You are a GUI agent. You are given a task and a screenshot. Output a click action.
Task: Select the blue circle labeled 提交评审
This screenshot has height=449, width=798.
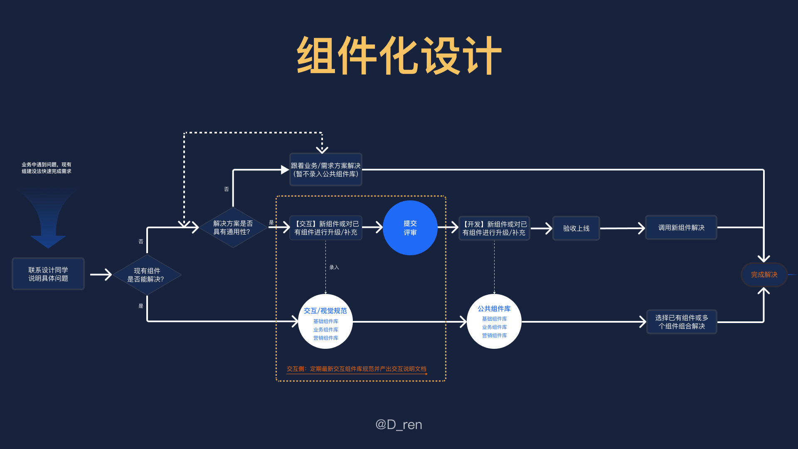[x=410, y=228]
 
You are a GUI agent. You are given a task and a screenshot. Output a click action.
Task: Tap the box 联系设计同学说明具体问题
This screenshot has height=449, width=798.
[x=48, y=274]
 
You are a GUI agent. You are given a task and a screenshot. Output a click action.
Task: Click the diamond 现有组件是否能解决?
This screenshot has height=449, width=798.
[x=147, y=275]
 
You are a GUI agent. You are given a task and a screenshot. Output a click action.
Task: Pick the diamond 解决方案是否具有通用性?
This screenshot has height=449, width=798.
[x=233, y=228]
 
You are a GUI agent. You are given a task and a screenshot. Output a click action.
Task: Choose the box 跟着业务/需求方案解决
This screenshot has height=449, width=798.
[x=325, y=170]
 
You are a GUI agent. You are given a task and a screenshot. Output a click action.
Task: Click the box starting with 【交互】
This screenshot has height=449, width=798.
[x=325, y=228]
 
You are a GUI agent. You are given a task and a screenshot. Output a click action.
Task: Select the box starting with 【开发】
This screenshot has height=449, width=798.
[x=494, y=228]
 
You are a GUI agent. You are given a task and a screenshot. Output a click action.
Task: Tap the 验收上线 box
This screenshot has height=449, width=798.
[x=576, y=228]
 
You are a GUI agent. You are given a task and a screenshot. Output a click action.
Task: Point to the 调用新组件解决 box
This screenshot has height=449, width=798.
[x=681, y=227]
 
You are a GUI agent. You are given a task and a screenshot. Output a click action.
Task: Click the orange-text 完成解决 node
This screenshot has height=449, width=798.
[x=764, y=275]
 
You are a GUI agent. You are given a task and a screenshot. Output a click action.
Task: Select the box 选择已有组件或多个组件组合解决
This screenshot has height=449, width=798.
[x=682, y=322]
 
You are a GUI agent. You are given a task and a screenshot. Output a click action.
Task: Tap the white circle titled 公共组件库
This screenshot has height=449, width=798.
[x=494, y=321]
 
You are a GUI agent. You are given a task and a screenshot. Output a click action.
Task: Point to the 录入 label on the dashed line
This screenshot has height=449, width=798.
[x=334, y=267]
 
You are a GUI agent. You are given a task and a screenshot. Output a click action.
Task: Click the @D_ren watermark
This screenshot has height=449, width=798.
[x=399, y=424]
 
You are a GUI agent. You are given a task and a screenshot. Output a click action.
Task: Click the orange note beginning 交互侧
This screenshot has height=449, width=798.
[x=356, y=369]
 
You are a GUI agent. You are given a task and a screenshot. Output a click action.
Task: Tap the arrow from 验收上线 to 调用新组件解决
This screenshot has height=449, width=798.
[x=622, y=228]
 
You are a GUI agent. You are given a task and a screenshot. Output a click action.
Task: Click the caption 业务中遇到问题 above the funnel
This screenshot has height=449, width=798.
[x=47, y=168]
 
